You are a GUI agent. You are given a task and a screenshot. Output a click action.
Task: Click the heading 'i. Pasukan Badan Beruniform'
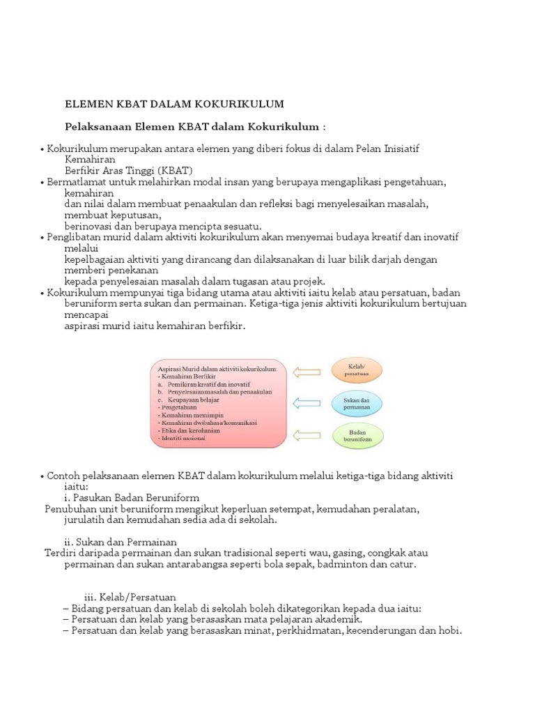point(132,497)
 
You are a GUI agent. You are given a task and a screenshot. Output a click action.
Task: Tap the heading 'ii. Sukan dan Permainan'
point(121,542)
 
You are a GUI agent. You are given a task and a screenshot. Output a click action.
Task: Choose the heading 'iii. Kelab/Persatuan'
point(130,598)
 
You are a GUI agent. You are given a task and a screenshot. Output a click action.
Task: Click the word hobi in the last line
point(451,630)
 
